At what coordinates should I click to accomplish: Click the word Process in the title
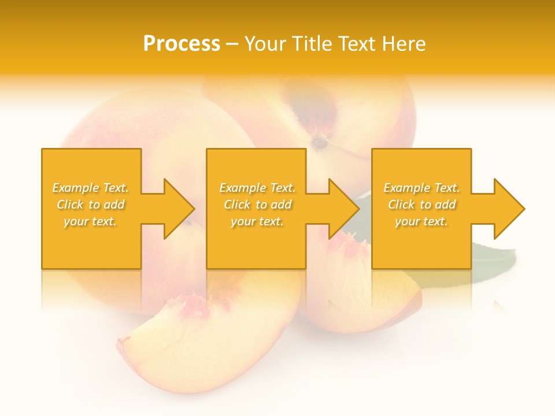point(182,44)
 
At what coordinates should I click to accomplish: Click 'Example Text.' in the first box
point(91,188)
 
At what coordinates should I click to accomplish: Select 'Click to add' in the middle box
point(257,205)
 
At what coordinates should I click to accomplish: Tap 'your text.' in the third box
point(421,221)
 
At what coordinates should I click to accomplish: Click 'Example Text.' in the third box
point(421,188)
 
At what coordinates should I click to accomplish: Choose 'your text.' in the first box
point(91,221)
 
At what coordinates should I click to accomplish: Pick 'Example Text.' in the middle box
point(257,188)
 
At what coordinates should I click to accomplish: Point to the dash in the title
point(232,44)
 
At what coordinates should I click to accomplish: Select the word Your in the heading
point(266,44)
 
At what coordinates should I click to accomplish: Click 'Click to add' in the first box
point(91,205)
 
